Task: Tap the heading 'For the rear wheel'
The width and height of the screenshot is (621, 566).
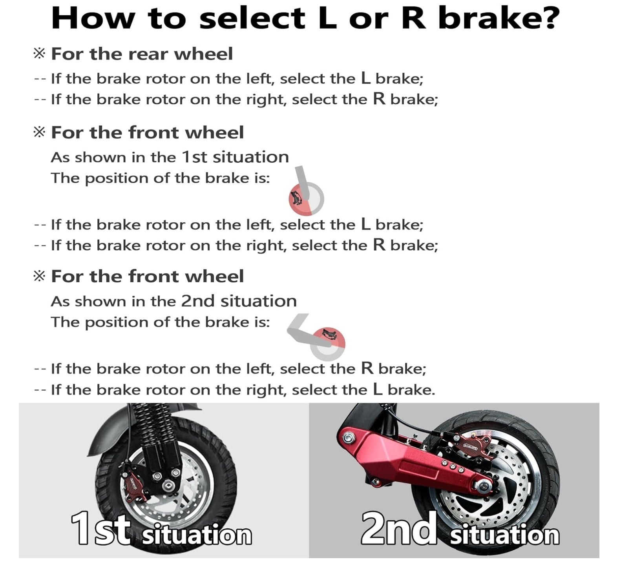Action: pyautogui.click(x=142, y=54)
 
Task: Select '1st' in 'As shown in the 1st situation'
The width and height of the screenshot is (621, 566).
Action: pyautogui.click(x=194, y=157)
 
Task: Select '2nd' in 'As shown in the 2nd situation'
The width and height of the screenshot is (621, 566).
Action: pyautogui.click(x=197, y=301)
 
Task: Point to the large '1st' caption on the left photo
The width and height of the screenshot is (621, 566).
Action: pyautogui.click(x=100, y=530)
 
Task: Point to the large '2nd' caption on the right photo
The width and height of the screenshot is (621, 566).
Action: pyautogui.click(x=398, y=529)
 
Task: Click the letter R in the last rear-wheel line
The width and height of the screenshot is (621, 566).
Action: pyautogui.click(x=379, y=99)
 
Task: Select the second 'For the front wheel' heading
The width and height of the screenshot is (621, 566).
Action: pyautogui.click(x=147, y=277)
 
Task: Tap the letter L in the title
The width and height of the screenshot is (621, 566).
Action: pyautogui.click(x=327, y=18)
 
